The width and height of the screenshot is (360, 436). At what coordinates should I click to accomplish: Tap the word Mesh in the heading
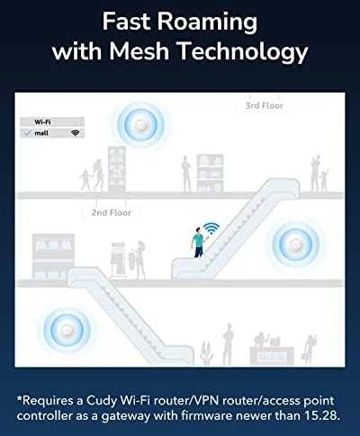pyautogui.click(x=139, y=50)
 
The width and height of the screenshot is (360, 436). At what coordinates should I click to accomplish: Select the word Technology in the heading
pyautogui.click(x=243, y=52)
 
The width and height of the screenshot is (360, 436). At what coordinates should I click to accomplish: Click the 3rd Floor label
pyautogui.click(x=265, y=105)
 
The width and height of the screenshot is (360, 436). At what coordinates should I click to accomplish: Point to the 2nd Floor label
pyautogui.click(x=112, y=212)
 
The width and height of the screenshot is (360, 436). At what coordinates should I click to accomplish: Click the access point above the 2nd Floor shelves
pyautogui.click(x=141, y=125)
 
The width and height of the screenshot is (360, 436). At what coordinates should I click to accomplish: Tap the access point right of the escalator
pyautogui.click(x=296, y=245)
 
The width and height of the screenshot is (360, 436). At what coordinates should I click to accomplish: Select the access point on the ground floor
pyautogui.click(x=67, y=332)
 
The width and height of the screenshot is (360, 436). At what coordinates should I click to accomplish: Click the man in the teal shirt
pyautogui.click(x=198, y=242)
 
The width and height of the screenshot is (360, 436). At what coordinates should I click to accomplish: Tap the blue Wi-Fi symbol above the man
pyautogui.click(x=211, y=228)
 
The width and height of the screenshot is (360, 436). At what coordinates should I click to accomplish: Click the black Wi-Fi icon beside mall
pyautogui.click(x=75, y=133)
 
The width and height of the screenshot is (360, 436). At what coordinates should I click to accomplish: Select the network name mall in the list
pyautogui.click(x=41, y=133)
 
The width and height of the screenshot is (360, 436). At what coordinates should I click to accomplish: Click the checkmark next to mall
pyautogui.click(x=28, y=133)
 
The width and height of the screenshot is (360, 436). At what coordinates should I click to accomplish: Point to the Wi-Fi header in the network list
pyautogui.click(x=42, y=121)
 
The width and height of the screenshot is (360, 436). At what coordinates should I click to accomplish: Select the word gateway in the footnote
pyautogui.click(x=126, y=416)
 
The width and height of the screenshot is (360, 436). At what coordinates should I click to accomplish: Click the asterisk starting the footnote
pyautogui.click(x=20, y=399)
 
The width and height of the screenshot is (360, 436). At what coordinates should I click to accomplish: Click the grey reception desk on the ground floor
pyautogui.click(x=272, y=356)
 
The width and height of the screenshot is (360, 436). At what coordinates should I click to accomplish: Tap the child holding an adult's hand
pyautogui.click(x=85, y=180)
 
